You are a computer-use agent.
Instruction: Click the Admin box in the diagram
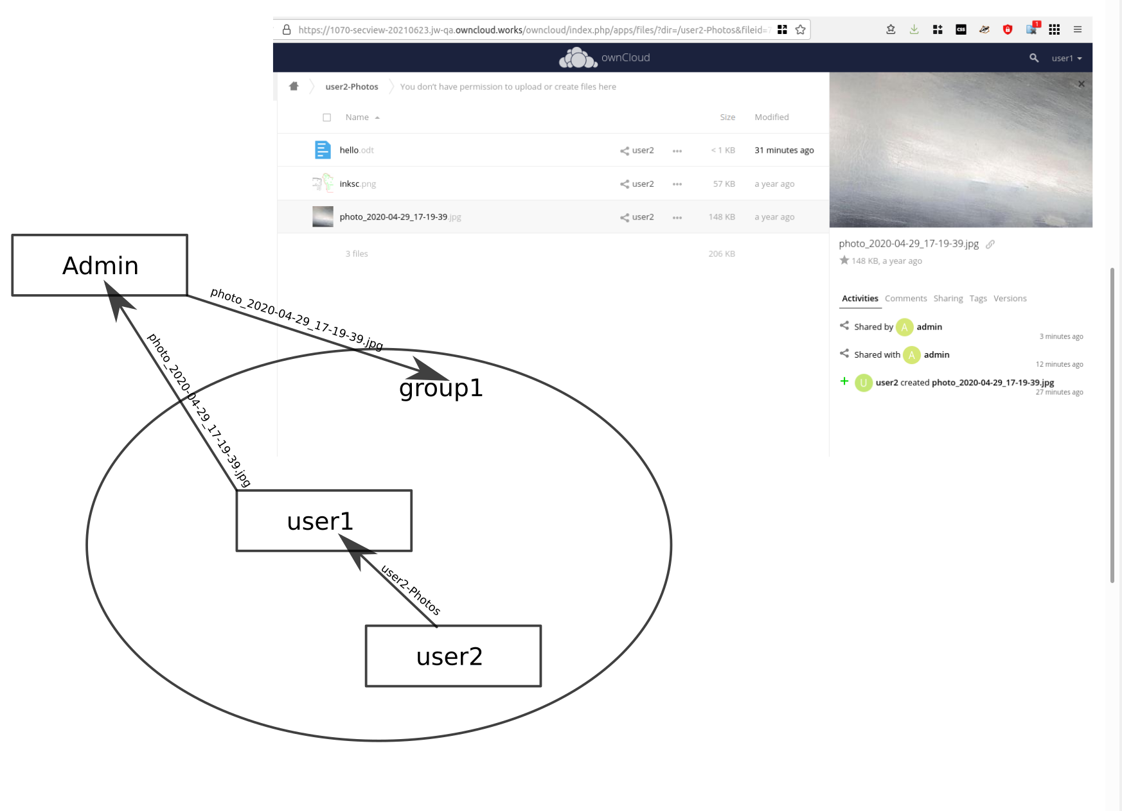tap(100, 265)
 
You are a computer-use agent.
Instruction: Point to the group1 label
tap(441, 388)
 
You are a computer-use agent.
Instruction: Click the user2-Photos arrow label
tap(411, 589)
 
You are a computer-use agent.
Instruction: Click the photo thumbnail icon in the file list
tap(323, 217)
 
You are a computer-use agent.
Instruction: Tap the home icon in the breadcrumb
tap(294, 86)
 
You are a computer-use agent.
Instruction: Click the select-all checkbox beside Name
tap(327, 118)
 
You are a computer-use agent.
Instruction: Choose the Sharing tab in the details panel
tap(948, 299)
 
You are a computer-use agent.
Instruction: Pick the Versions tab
tap(1010, 299)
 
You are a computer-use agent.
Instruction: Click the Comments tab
tap(905, 299)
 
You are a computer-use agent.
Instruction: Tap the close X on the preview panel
tap(1081, 84)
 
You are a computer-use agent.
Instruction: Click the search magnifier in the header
tap(1033, 58)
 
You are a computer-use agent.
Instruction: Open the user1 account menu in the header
tap(1066, 58)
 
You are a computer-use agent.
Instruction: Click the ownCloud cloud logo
tap(578, 58)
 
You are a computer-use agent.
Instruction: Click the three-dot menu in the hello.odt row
tap(677, 151)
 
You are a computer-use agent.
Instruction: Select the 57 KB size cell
tap(724, 184)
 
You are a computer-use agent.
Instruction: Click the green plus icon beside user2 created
tap(844, 381)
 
